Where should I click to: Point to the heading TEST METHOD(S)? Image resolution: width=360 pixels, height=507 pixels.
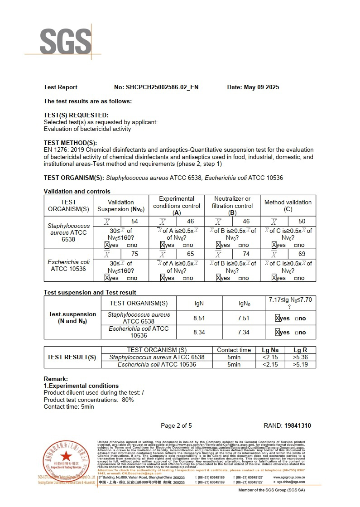[70, 143]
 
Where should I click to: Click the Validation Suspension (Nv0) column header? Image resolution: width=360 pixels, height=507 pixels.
[121, 206]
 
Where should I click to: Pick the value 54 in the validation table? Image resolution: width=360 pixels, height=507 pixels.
[134, 222]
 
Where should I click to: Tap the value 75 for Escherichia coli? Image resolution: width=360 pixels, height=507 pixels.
[134, 254]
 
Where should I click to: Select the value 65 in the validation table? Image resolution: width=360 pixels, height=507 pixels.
[190, 254]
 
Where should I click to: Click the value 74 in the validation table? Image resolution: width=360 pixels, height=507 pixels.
[246, 254]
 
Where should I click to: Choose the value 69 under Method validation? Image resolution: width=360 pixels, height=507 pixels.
[302, 254]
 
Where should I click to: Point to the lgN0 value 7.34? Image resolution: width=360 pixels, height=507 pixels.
[244, 332]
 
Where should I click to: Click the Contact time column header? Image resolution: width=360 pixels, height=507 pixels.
[234, 350]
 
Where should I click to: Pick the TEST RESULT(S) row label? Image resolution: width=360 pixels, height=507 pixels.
[72, 357]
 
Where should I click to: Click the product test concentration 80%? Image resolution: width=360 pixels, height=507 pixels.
[128, 400]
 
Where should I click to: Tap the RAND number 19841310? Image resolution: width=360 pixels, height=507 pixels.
[297, 425]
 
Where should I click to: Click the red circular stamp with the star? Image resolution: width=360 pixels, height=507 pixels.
[66, 458]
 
